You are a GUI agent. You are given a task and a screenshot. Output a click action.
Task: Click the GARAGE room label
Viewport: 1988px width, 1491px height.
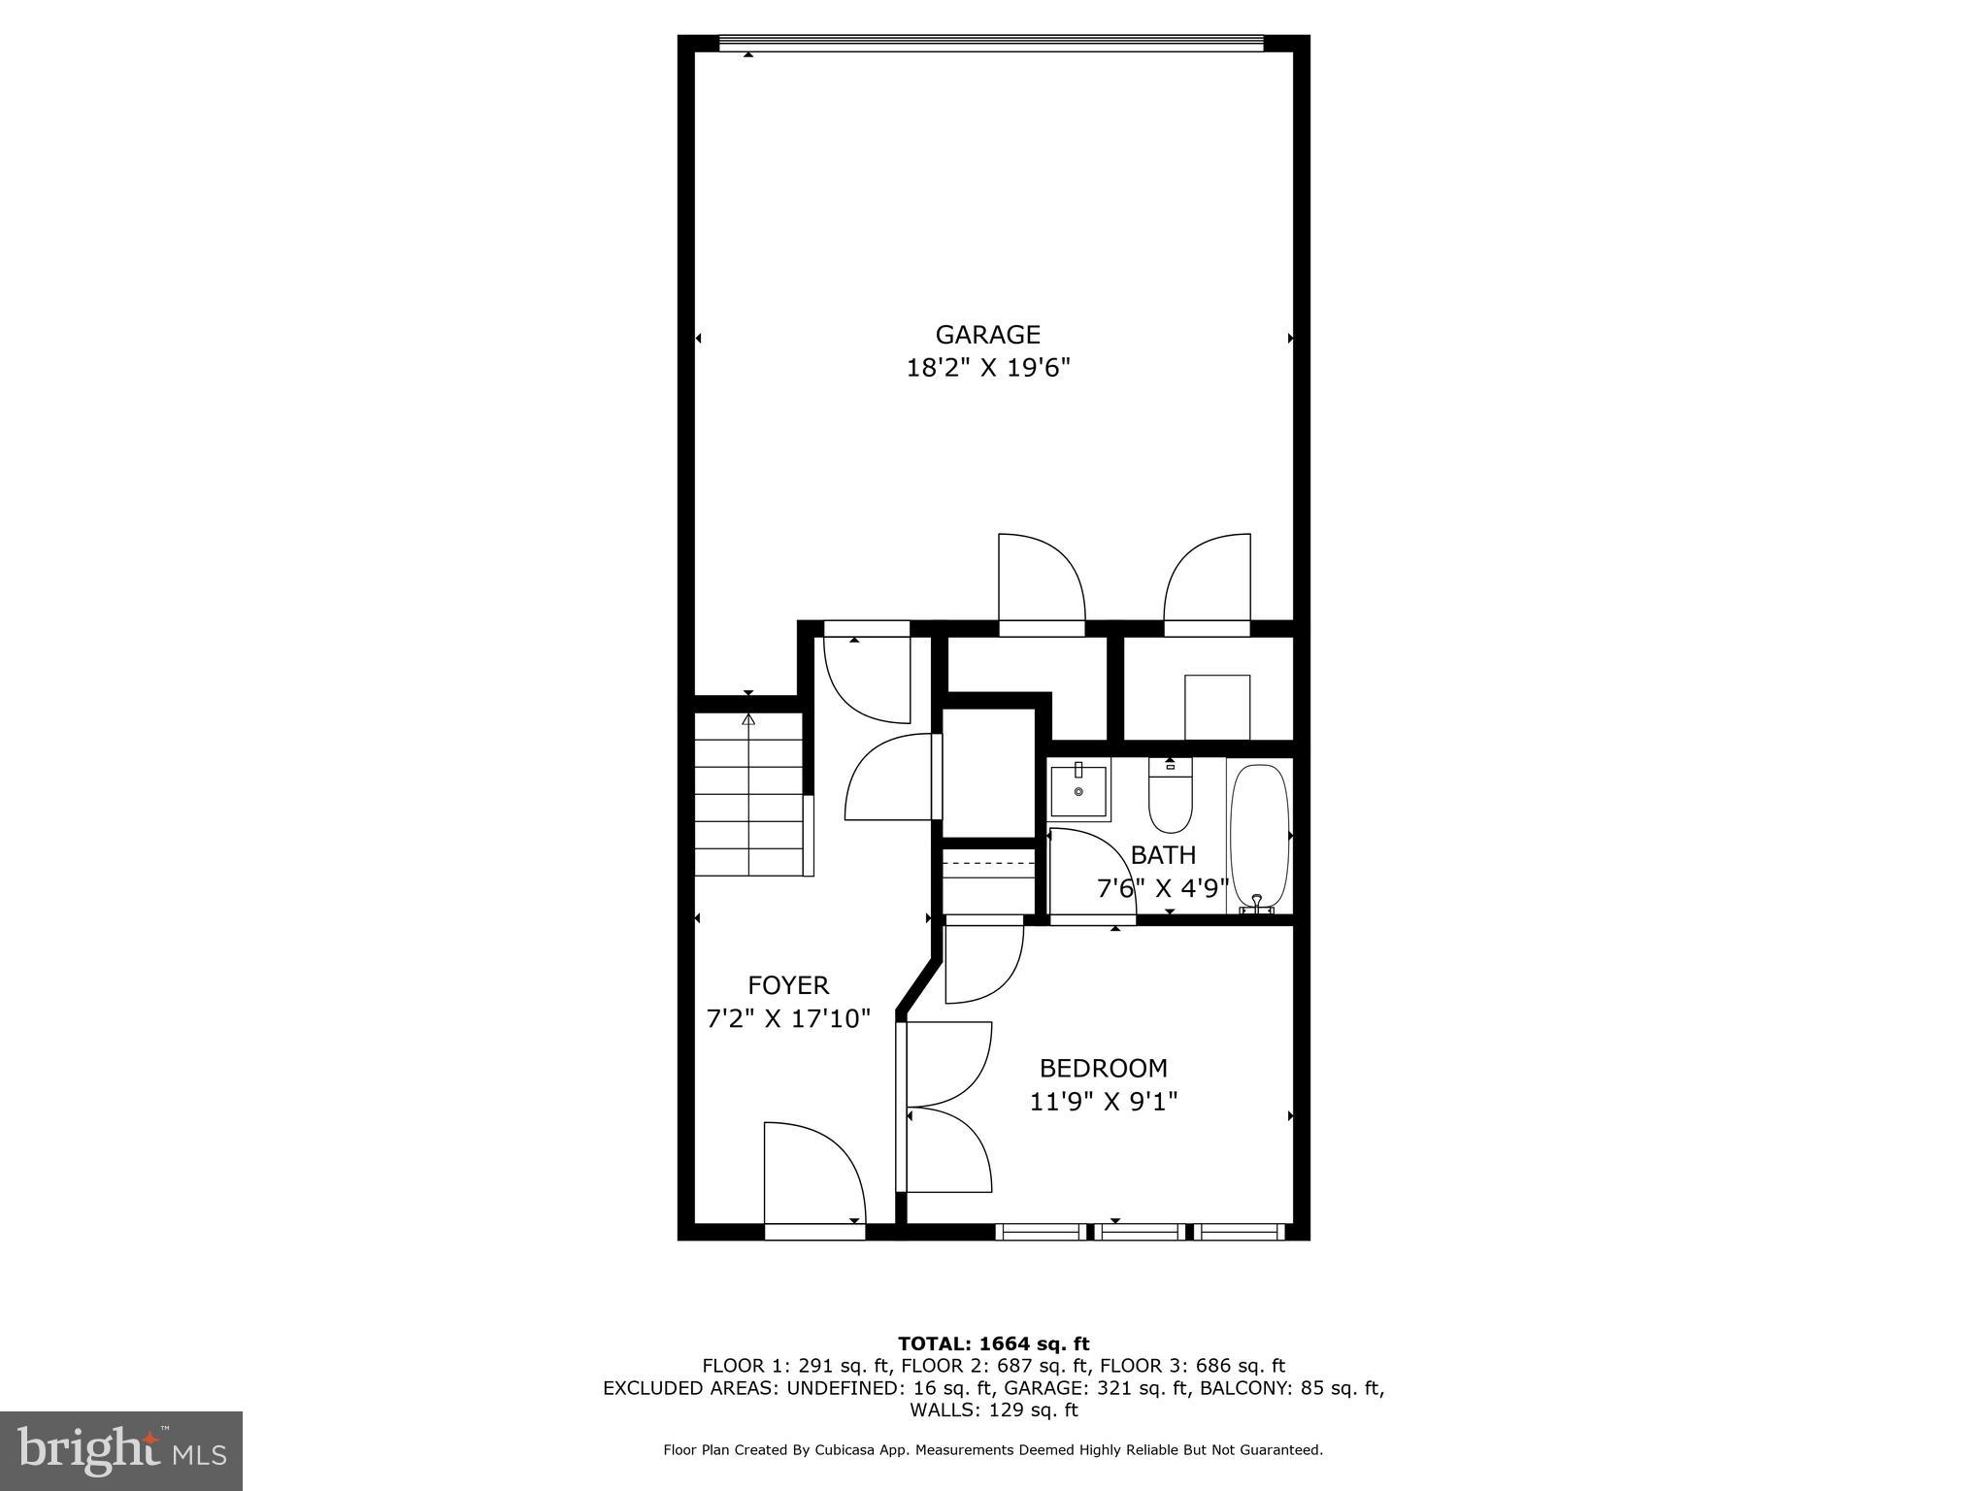[x=987, y=335]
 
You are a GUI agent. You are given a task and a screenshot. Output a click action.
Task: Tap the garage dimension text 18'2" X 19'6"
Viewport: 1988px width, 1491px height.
[x=987, y=369]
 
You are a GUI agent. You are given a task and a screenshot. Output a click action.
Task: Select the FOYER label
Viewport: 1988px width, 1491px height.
[x=788, y=985]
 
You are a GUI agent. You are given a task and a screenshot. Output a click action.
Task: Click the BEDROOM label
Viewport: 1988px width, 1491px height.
[x=1103, y=1068]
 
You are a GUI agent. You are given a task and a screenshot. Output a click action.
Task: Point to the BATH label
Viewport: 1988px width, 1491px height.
[x=1163, y=855]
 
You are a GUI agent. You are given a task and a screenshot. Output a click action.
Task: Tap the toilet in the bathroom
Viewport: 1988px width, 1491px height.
[x=1170, y=796]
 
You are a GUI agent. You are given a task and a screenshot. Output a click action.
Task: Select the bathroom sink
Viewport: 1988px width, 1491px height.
[x=1078, y=792]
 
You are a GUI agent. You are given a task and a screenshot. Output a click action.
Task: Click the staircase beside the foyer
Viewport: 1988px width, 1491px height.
[x=749, y=794]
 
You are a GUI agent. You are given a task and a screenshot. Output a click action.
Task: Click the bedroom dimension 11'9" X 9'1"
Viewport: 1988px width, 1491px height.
[x=1103, y=1102]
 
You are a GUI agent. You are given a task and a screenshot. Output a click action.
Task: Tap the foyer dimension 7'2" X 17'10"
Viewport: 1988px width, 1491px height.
[x=788, y=1019]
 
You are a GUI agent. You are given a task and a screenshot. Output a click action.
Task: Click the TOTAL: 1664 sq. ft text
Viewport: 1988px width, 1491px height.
[x=993, y=1343]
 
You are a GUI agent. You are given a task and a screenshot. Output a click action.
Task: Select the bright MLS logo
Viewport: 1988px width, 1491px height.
[x=121, y=1450]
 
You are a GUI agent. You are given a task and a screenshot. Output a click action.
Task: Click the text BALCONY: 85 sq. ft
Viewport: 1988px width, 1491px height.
[x=1291, y=1388]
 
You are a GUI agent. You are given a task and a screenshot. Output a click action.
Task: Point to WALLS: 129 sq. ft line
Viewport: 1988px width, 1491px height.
[x=993, y=1410]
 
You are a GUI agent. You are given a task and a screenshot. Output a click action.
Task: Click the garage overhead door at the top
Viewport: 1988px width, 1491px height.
[x=990, y=43]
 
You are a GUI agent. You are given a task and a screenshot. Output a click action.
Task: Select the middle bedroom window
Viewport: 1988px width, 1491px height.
[x=1140, y=1232]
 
